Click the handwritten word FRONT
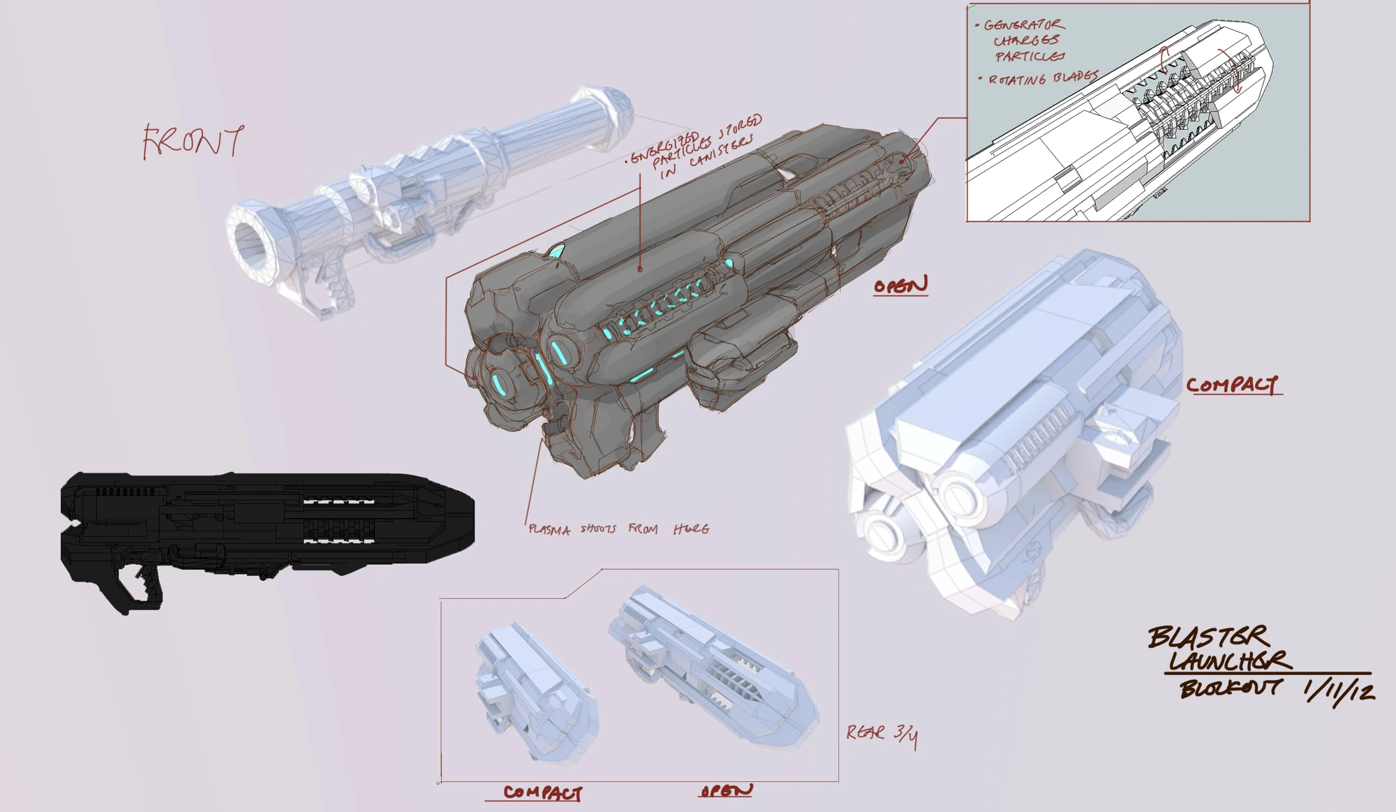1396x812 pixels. (x=193, y=142)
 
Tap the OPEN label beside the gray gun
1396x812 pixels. (x=900, y=286)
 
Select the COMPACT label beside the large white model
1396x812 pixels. (x=1233, y=385)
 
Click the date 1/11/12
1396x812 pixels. (x=1339, y=691)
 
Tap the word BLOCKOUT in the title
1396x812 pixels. (x=1230, y=688)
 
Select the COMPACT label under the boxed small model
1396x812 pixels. (x=542, y=792)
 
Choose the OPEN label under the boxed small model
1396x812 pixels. (x=726, y=790)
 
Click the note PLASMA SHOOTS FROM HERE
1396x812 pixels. (x=618, y=529)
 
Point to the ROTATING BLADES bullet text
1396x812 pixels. (x=1043, y=78)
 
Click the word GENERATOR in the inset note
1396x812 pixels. (x=1024, y=25)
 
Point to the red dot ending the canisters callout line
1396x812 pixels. (x=640, y=269)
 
